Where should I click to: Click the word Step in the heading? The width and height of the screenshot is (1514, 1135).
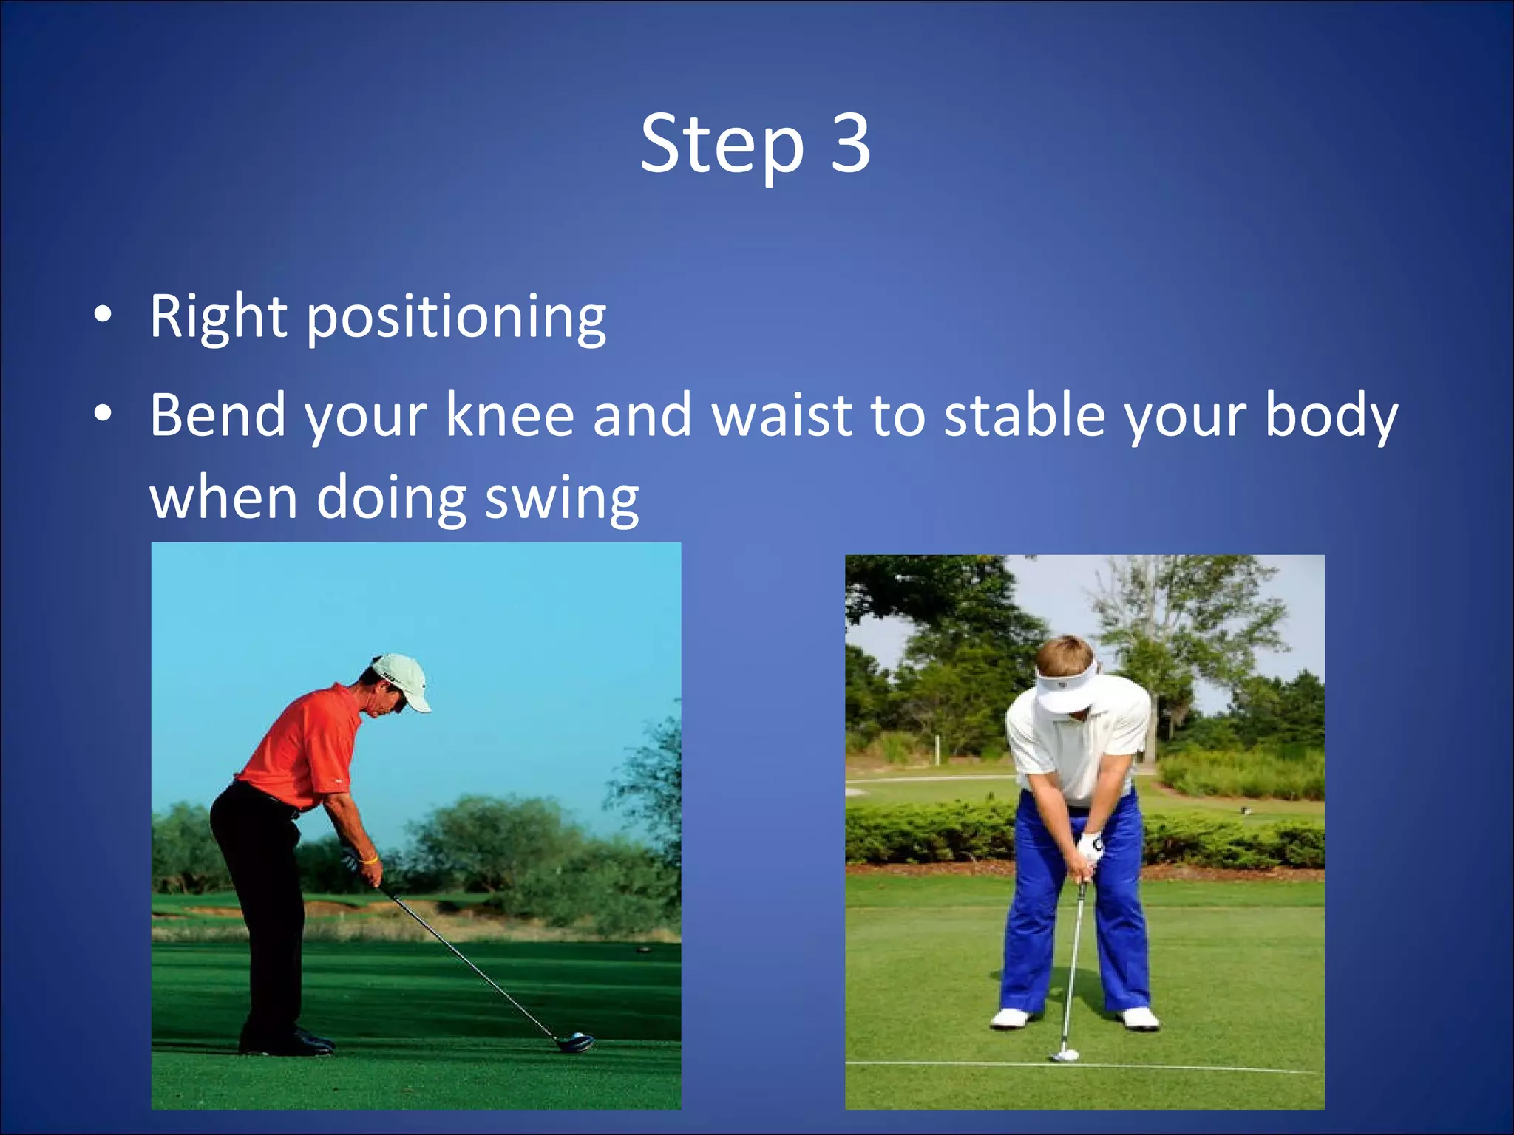pos(721,145)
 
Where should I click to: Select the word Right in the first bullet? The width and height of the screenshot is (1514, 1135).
pos(217,318)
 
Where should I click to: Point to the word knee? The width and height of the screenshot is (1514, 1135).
pos(509,415)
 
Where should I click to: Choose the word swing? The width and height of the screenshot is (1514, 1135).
pos(561,499)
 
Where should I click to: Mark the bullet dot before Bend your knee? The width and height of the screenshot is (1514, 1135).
pos(103,415)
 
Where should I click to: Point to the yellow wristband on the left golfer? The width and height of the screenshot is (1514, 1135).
pos(369,860)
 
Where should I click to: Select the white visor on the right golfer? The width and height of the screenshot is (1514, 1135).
pos(1065,691)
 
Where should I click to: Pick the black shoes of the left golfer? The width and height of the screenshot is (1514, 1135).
pos(288,1042)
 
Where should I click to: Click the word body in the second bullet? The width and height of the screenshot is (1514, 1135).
pos(1331,415)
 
